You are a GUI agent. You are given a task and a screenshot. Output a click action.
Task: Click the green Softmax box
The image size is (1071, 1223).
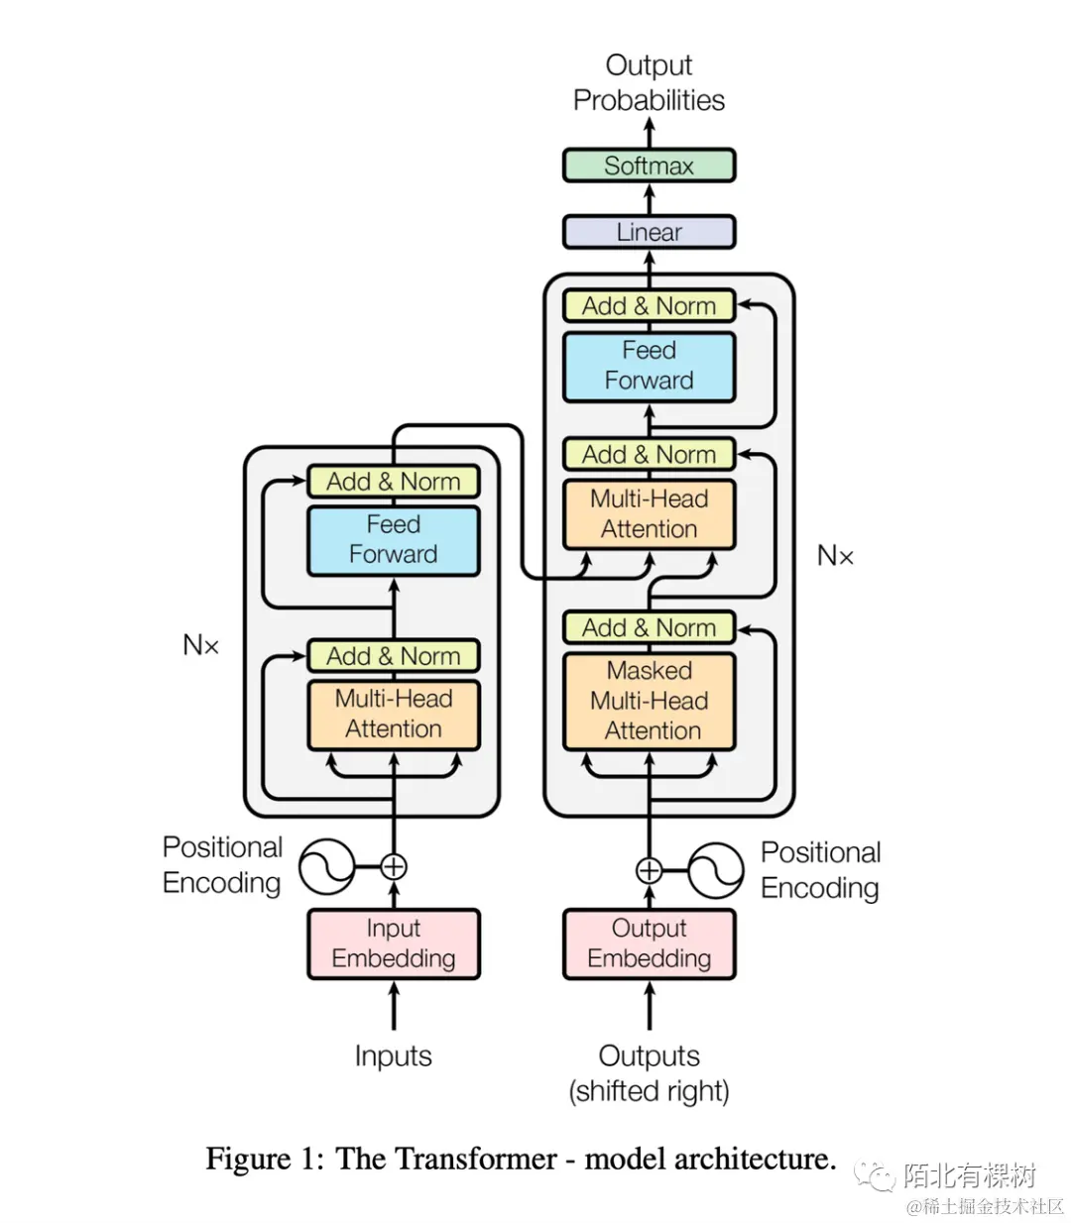click(649, 166)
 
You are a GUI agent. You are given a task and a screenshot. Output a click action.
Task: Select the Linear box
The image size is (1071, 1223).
click(649, 232)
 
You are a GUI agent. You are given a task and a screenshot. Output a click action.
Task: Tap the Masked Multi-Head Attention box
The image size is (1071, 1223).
click(649, 701)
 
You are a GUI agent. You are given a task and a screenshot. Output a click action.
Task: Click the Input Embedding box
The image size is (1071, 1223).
click(393, 944)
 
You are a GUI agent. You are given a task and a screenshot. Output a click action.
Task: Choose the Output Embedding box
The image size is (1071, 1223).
click(649, 944)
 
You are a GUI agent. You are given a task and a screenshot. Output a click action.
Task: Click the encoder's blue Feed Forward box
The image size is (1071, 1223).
click(393, 540)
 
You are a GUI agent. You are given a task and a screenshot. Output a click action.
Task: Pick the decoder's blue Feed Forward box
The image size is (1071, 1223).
click(649, 366)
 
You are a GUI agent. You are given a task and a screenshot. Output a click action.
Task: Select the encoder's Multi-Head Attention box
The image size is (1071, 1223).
click(393, 714)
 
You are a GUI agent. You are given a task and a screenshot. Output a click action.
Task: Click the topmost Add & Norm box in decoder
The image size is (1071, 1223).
click(649, 306)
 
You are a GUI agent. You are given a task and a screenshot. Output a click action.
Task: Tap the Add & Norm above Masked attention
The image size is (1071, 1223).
click(649, 628)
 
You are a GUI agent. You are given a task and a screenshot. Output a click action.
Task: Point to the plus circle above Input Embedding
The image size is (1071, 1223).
click(394, 866)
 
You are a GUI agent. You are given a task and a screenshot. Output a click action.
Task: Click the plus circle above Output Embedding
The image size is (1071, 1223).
click(649, 871)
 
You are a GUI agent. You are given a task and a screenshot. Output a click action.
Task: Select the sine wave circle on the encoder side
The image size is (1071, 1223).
click(327, 866)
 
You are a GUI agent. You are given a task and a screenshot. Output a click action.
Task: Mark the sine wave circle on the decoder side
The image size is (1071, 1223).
click(715, 871)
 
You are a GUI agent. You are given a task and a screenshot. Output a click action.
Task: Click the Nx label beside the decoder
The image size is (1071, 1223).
click(835, 556)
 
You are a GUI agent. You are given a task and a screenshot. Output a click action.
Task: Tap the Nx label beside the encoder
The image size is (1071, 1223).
click(200, 645)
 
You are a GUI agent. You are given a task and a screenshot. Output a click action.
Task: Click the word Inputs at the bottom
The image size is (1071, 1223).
click(393, 1056)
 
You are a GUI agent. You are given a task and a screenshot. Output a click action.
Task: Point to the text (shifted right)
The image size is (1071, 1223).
click(649, 1091)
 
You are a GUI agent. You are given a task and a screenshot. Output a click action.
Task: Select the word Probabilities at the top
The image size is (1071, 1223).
click(649, 100)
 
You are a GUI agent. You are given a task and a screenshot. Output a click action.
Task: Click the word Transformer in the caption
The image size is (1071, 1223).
click(445, 1159)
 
